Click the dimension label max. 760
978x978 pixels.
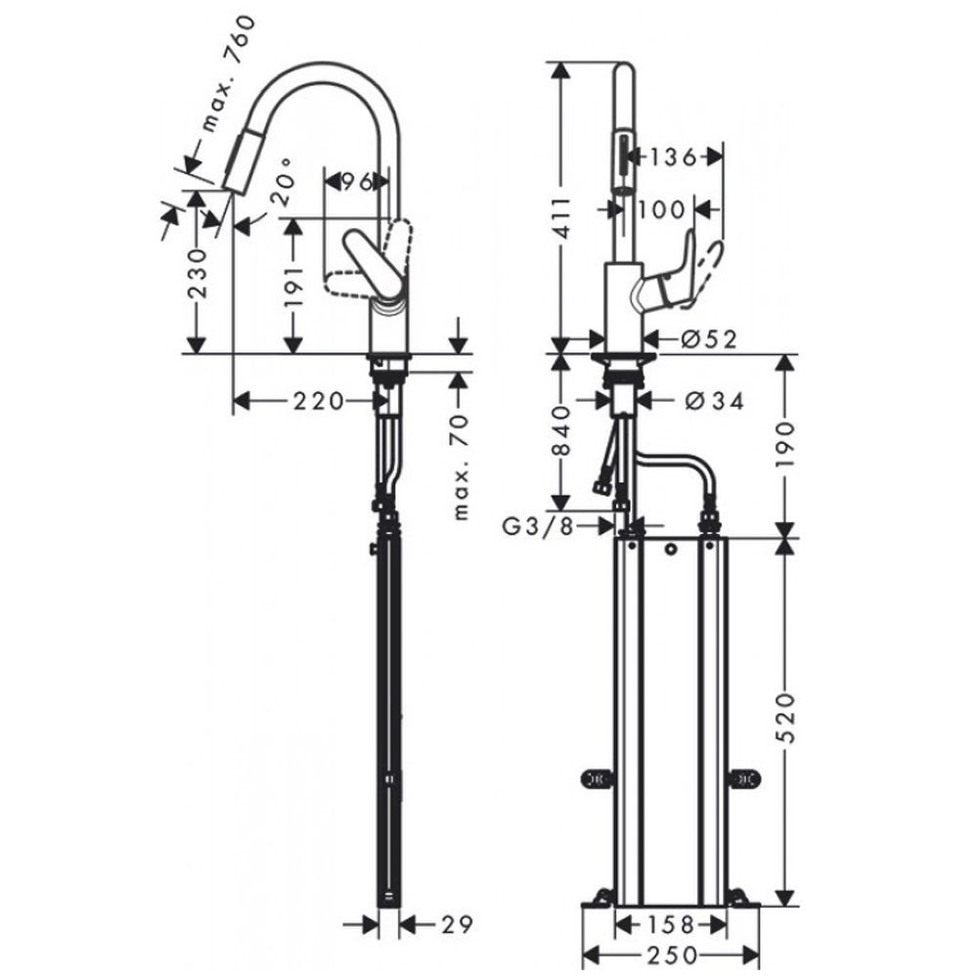pyautogui.click(x=229, y=75)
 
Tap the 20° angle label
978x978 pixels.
pyautogui.click(x=283, y=181)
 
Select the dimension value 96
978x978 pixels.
pyautogui.click(x=357, y=182)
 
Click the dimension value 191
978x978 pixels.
pyautogui.click(x=293, y=287)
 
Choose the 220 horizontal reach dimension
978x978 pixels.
pyautogui.click(x=319, y=400)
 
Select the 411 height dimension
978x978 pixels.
pyautogui.click(x=562, y=218)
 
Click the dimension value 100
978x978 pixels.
pyautogui.click(x=661, y=209)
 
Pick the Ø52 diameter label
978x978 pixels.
pyautogui.click(x=709, y=338)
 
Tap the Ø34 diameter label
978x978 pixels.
pyautogui.click(x=715, y=400)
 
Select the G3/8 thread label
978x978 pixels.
pyautogui.click(x=538, y=527)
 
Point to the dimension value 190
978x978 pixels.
pyautogui.click(x=786, y=444)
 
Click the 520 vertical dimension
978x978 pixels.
pyautogui.click(x=786, y=717)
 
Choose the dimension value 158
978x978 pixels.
pyautogui.click(x=671, y=924)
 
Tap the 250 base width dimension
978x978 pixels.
pyautogui.click(x=671, y=955)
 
